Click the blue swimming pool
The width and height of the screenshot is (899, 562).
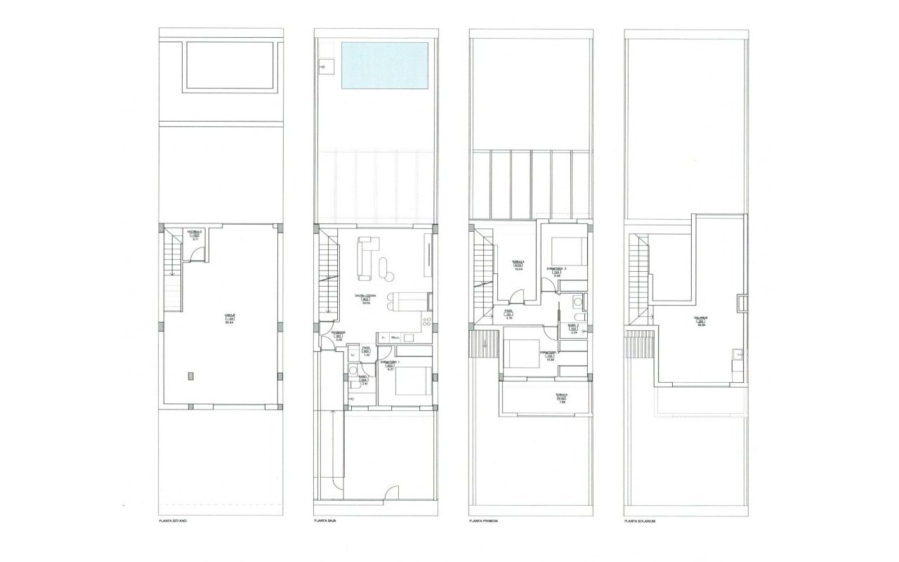383,65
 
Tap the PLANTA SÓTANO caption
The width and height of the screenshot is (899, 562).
175,522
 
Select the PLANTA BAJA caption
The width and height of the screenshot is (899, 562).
327,522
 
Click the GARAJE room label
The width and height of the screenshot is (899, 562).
229,317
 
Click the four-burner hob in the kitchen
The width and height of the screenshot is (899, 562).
426,322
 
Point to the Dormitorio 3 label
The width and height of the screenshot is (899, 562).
556,269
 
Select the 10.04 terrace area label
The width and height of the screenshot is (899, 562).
518,265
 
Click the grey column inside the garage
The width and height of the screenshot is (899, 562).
190,376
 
